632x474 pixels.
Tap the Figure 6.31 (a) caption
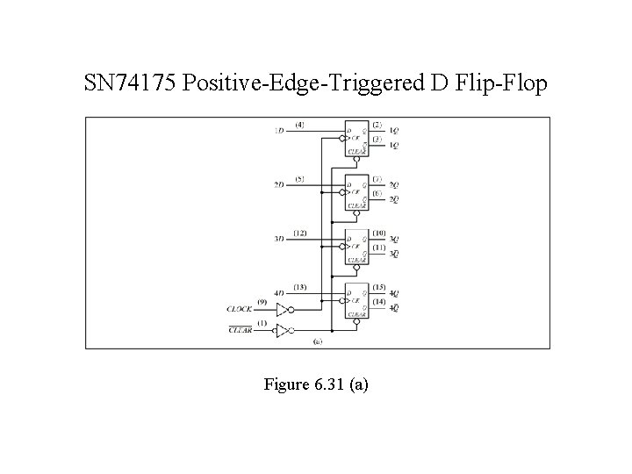[315, 384]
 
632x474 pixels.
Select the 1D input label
[279, 132]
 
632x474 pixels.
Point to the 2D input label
[279, 185]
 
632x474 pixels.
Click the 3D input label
[279, 239]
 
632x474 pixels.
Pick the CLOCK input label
[241, 309]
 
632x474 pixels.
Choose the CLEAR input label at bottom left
[241, 331]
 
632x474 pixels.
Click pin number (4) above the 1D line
[300, 125]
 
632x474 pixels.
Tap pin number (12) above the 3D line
[300, 232]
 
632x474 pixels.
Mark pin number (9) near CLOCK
[262, 301]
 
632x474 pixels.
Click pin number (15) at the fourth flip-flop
[378, 286]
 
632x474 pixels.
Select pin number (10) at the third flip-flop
[378, 232]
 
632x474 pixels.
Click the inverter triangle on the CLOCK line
[281, 309]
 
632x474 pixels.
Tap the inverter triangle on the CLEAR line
[281, 331]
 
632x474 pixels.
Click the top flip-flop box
[356, 139]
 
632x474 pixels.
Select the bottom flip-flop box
[356, 300]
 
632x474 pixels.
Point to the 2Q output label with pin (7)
[394, 185]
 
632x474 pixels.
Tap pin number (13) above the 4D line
[300, 286]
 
